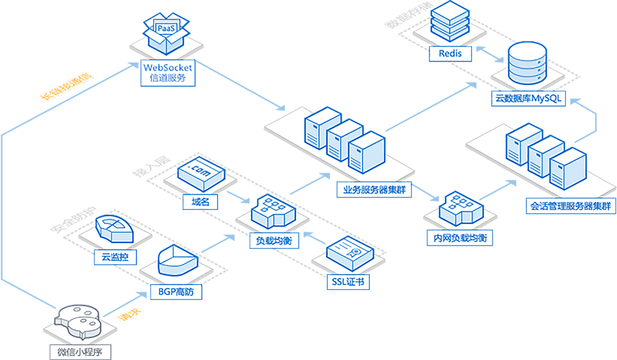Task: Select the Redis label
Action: tap(450, 53)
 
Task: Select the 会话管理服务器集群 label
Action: tap(570, 206)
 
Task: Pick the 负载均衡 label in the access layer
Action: tap(267, 240)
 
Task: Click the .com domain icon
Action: tap(201, 174)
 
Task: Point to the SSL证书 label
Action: tap(348, 282)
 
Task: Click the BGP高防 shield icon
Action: tap(176, 262)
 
